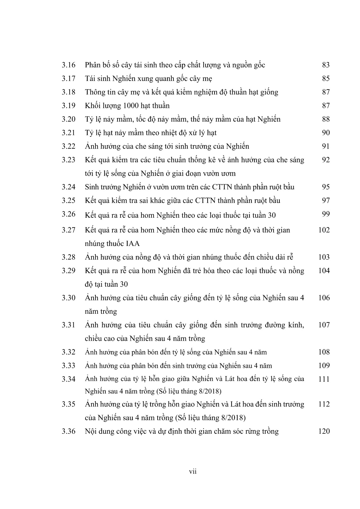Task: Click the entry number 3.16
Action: point(68,65)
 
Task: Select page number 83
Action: point(325,65)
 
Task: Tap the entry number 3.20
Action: point(68,119)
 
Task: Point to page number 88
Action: point(325,119)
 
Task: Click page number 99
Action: point(325,214)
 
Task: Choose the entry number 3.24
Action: point(68,187)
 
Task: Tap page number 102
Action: point(324,230)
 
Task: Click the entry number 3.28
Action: point(68,257)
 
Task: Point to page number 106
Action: point(324,298)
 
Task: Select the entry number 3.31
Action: point(68,325)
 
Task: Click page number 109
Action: point(324,366)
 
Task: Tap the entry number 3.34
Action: point(68,379)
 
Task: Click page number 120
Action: point(324,431)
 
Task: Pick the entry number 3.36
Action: point(68,431)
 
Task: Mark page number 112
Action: point(324,404)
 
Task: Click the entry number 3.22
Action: point(68,146)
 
